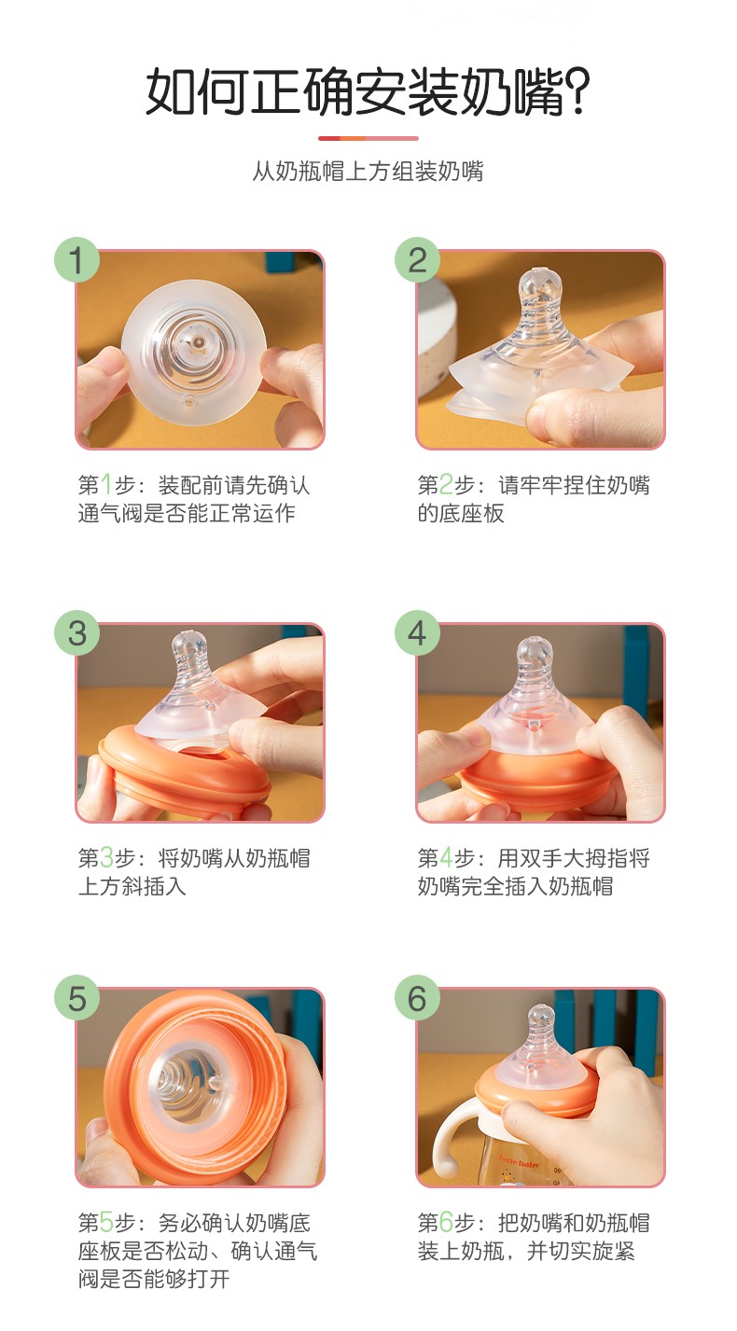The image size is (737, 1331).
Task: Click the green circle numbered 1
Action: coord(76,260)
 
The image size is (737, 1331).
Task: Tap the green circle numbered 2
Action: coord(417,260)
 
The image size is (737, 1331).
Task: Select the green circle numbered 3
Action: coord(76,632)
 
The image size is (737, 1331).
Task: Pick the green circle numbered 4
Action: coord(417,632)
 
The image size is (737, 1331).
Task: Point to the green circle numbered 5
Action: coord(76,998)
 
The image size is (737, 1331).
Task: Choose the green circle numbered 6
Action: coord(417,998)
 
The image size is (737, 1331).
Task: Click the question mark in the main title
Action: coord(576,92)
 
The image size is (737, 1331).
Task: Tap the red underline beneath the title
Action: coord(368,138)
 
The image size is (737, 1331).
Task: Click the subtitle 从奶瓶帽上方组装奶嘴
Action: coord(368,171)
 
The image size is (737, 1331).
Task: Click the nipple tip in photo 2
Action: coord(538,279)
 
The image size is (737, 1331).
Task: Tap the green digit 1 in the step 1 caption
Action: coord(106,484)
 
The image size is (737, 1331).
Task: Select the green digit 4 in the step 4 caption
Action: coord(446,857)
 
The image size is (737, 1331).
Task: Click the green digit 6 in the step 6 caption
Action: coord(446,1223)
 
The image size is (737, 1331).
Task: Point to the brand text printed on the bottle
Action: coord(520,1161)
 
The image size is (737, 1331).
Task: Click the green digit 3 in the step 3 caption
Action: coord(106,857)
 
